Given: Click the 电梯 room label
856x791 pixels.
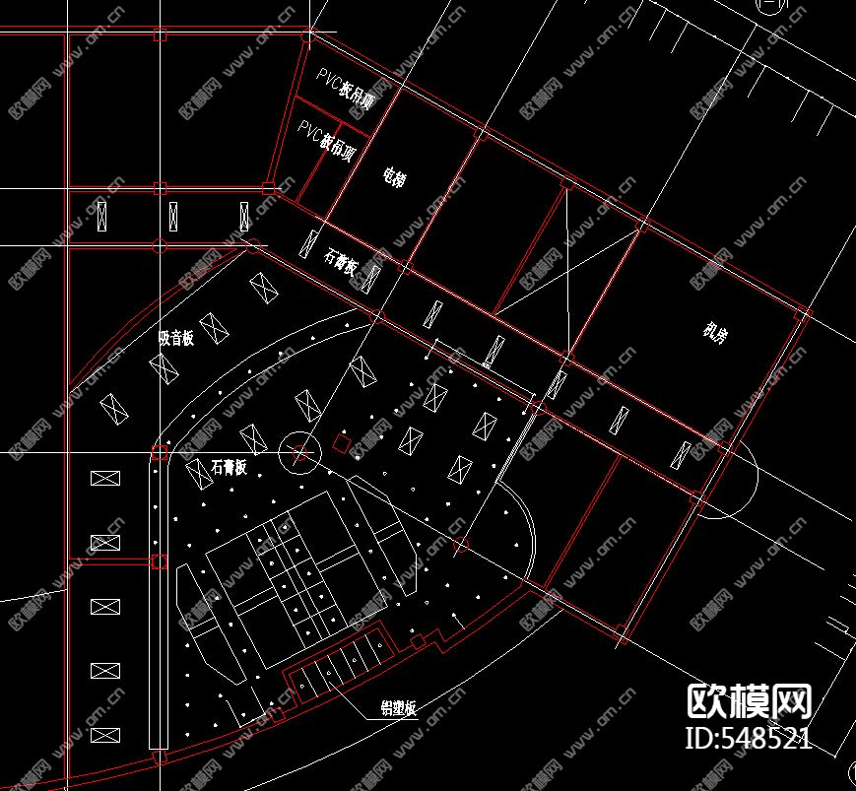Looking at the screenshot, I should tap(394, 178).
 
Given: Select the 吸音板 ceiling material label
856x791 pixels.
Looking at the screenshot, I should tap(176, 337).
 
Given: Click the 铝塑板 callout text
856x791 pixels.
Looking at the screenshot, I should tap(399, 708).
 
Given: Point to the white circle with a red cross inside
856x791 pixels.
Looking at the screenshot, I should tap(299, 454).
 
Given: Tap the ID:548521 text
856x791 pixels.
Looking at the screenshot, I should tap(749, 738).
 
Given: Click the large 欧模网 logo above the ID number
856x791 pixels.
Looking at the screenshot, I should tap(749, 700).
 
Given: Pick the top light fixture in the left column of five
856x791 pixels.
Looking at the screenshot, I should tap(104, 479).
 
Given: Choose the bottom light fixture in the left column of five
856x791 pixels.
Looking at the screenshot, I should tap(104, 735).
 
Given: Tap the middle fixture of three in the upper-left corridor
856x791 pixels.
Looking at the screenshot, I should tap(174, 215).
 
